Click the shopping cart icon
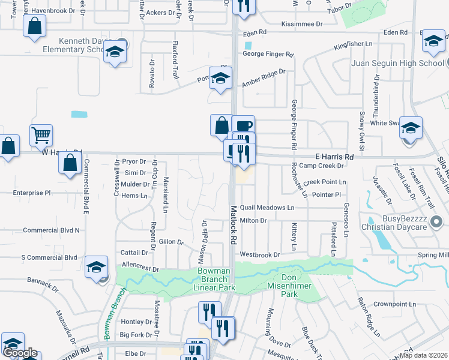41,136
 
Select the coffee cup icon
243,127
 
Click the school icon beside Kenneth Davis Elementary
113,53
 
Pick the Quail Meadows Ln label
267,208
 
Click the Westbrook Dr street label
260,255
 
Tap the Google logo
20,353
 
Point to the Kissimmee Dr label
302,24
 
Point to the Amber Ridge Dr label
264,77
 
